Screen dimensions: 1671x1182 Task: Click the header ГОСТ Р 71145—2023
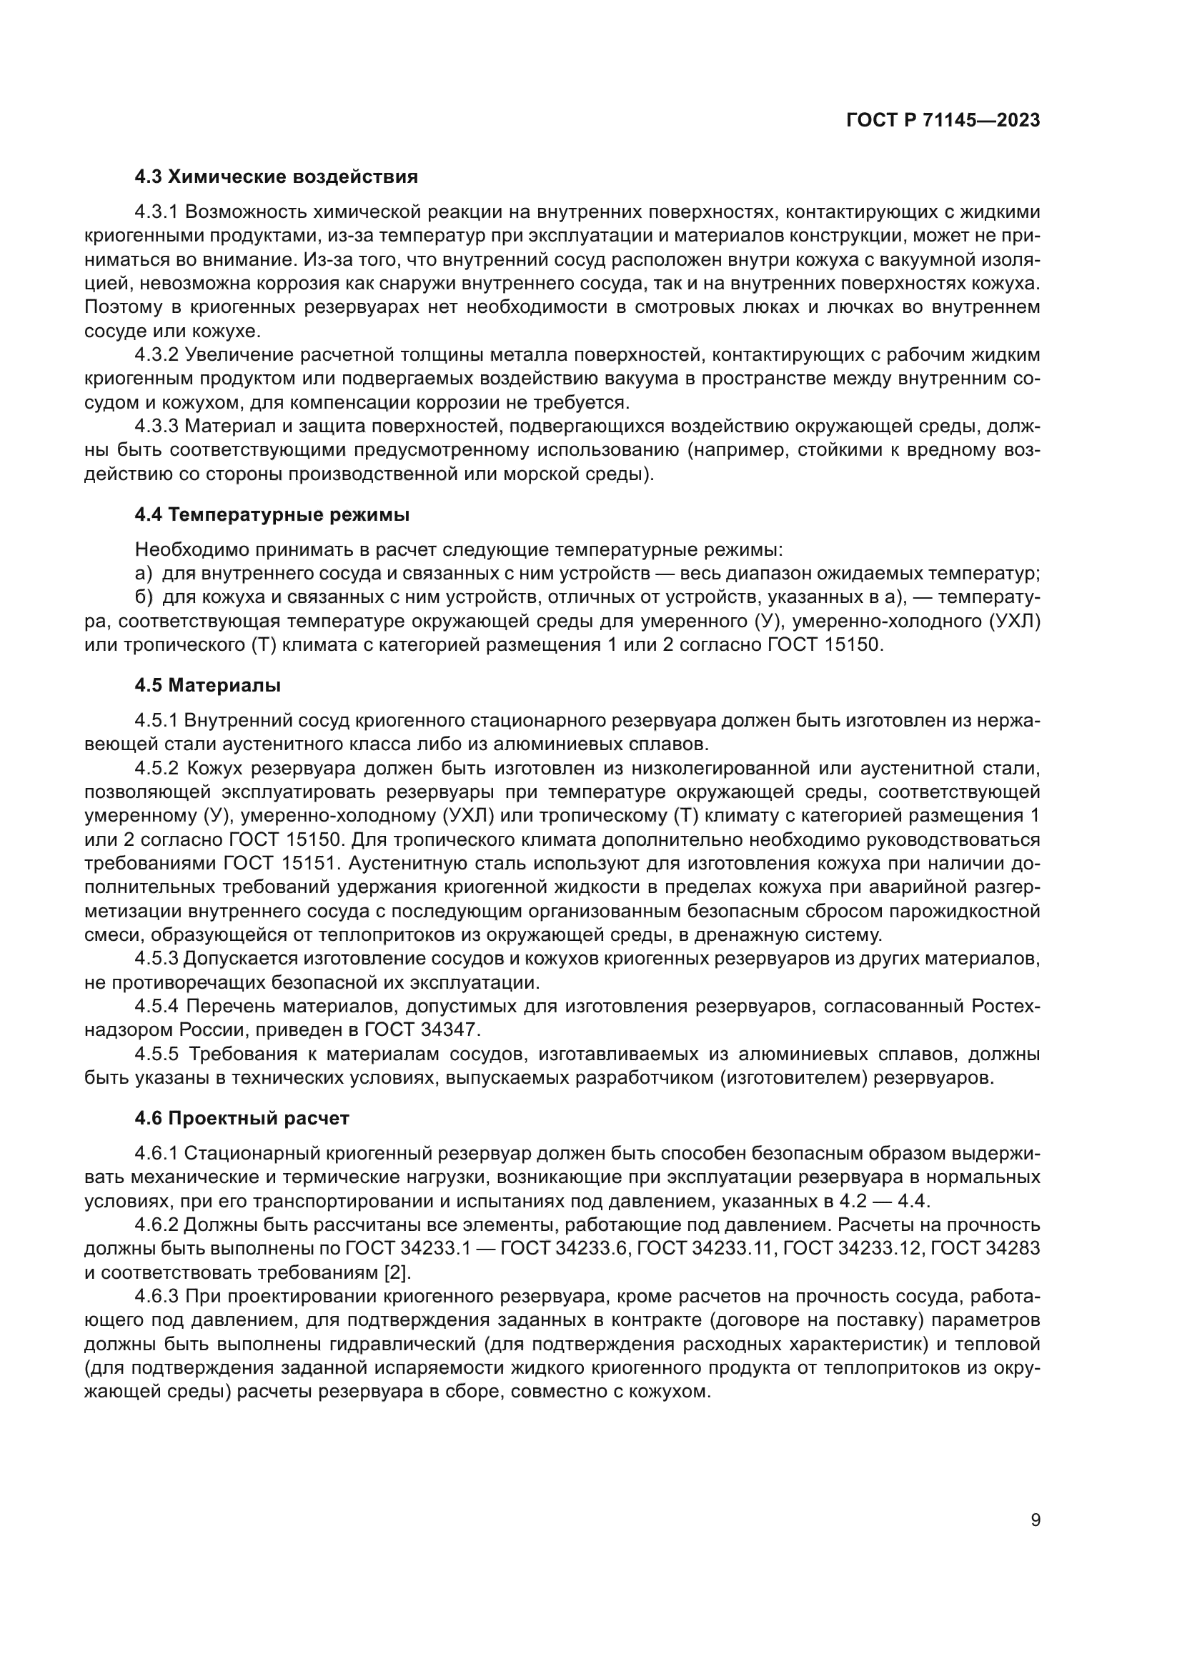click(x=943, y=121)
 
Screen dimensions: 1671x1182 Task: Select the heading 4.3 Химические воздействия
click(x=276, y=177)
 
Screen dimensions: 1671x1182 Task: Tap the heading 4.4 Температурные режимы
click(x=272, y=515)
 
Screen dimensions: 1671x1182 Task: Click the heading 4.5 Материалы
click(x=207, y=686)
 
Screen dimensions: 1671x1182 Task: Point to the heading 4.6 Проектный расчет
click(x=242, y=1119)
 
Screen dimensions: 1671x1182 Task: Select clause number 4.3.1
click(x=157, y=212)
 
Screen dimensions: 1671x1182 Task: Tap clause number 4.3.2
click(x=157, y=355)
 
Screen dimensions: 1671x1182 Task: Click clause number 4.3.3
click(x=157, y=427)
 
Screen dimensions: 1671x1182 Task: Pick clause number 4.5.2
click(x=157, y=769)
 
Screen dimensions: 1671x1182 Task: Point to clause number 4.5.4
click(x=157, y=1007)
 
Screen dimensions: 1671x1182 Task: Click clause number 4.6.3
click(x=157, y=1296)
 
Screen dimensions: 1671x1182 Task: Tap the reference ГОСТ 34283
click(x=985, y=1249)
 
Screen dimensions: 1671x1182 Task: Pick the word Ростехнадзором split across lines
click(x=1004, y=1007)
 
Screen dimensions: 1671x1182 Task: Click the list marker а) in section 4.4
click(x=144, y=574)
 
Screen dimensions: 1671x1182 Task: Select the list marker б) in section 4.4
click(x=144, y=597)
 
